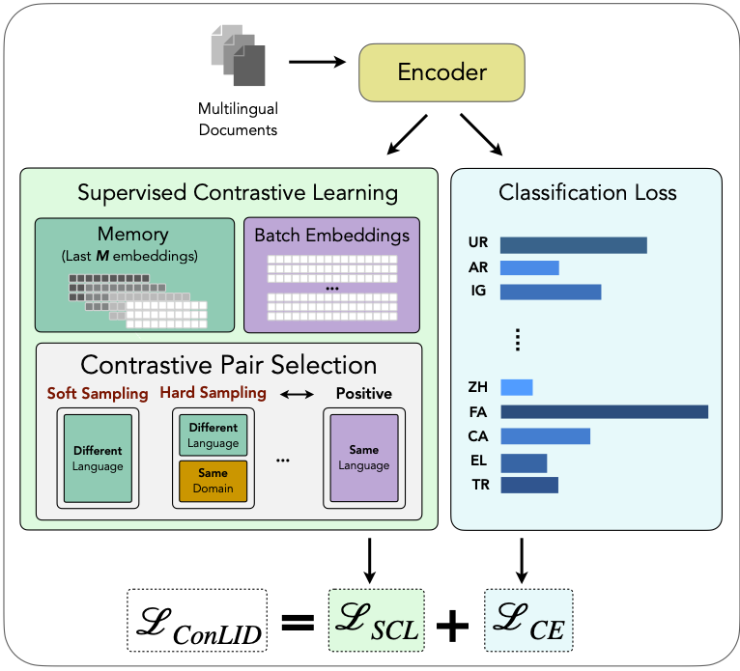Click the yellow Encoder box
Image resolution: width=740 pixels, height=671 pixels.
coord(442,73)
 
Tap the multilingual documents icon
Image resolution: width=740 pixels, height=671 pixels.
coord(238,59)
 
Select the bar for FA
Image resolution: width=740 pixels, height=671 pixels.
coord(604,411)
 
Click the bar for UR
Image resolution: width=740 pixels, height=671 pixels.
coord(573,245)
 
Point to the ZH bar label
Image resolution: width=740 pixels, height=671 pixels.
coord(477,387)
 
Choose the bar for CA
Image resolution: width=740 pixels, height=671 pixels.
coord(545,435)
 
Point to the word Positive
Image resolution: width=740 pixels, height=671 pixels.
coord(363,394)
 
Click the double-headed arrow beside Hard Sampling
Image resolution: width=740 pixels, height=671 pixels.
coord(296,394)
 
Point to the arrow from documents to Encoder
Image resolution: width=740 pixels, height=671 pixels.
coord(317,64)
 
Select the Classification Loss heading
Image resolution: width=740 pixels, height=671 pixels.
coord(587,192)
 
